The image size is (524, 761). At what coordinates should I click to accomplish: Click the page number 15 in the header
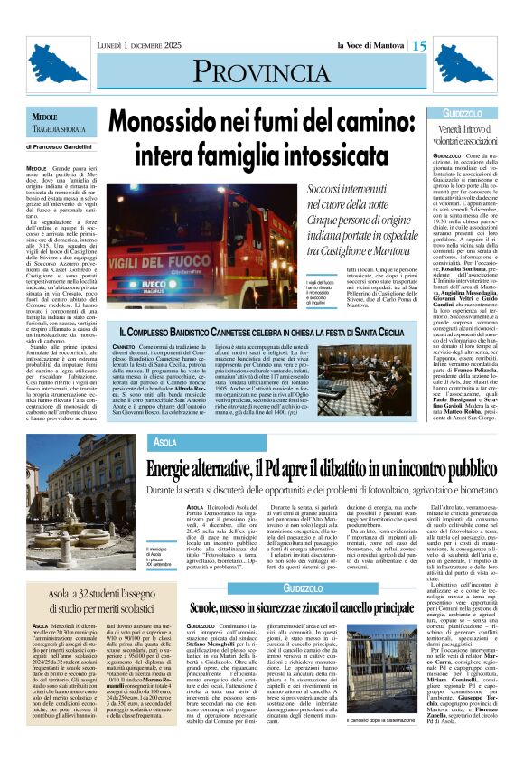pyautogui.click(x=421, y=45)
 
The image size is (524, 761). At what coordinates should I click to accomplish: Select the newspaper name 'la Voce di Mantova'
pyautogui.click(x=371, y=45)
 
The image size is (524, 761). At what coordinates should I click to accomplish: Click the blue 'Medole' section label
pyautogui.click(x=44, y=118)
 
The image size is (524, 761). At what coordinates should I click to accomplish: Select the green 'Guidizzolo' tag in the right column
pyautogui.click(x=463, y=113)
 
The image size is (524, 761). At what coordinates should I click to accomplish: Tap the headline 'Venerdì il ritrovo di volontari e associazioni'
pyautogui.click(x=468, y=136)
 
